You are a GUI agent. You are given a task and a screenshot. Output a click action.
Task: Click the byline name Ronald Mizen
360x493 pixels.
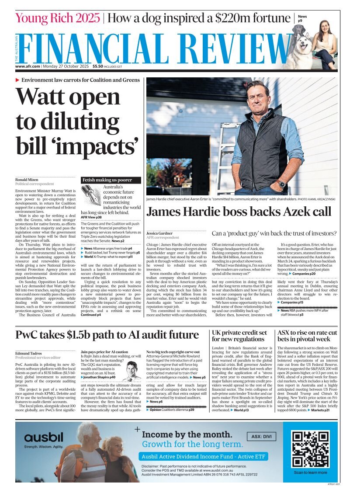(x=28, y=180)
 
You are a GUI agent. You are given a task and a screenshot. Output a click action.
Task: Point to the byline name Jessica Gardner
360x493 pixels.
(x=161, y=234)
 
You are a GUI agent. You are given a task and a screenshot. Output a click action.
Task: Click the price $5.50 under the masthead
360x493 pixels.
(x=97, y=67)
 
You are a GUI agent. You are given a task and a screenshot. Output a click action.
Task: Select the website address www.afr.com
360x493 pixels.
(x=28, y=67)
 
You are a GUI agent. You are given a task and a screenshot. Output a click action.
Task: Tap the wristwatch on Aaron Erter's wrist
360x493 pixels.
(x=281, y=184)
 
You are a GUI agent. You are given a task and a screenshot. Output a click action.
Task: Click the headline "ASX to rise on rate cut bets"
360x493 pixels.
(x=308, y=335)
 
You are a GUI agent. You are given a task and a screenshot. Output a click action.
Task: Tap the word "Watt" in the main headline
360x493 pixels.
(x=48, y=96)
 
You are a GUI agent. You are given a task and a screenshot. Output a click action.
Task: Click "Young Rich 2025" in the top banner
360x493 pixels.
(x=58, y=18)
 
